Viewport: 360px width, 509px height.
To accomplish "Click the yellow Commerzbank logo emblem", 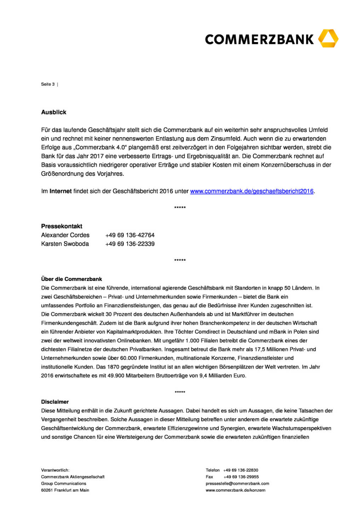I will coord(328,39).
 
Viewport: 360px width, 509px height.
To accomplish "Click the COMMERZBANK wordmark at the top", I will coord(259,39).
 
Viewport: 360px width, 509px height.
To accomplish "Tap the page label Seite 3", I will coord(48,84).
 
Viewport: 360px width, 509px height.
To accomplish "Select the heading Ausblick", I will coord(54,112).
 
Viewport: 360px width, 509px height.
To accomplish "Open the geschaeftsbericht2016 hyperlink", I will coord(252,191).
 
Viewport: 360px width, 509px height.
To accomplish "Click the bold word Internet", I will coord(60,191).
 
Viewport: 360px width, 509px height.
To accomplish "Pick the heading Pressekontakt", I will coord(62,226).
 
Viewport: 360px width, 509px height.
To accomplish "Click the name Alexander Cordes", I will coord(65,235).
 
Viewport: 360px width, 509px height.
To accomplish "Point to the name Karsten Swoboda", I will coord(65,244).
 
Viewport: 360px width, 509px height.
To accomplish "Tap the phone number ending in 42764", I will coord(130,235).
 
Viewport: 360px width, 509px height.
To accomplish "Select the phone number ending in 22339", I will coord(130,244).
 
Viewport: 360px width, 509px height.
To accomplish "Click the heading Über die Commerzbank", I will coord(71,279).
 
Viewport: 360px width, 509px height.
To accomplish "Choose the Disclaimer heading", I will coord(55,402).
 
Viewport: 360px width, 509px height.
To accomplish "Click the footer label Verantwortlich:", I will coord(55,470).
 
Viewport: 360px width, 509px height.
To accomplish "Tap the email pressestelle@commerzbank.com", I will coord(237,484).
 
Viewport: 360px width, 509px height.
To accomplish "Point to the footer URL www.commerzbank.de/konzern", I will coord(236,490).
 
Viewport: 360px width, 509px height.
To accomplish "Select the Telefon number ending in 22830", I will coord(240,470).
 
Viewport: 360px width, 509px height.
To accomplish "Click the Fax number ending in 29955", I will coord(241,477).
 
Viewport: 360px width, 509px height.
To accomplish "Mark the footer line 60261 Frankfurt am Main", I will coord(65,490).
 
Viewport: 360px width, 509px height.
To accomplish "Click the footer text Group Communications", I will coord(64,484).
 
